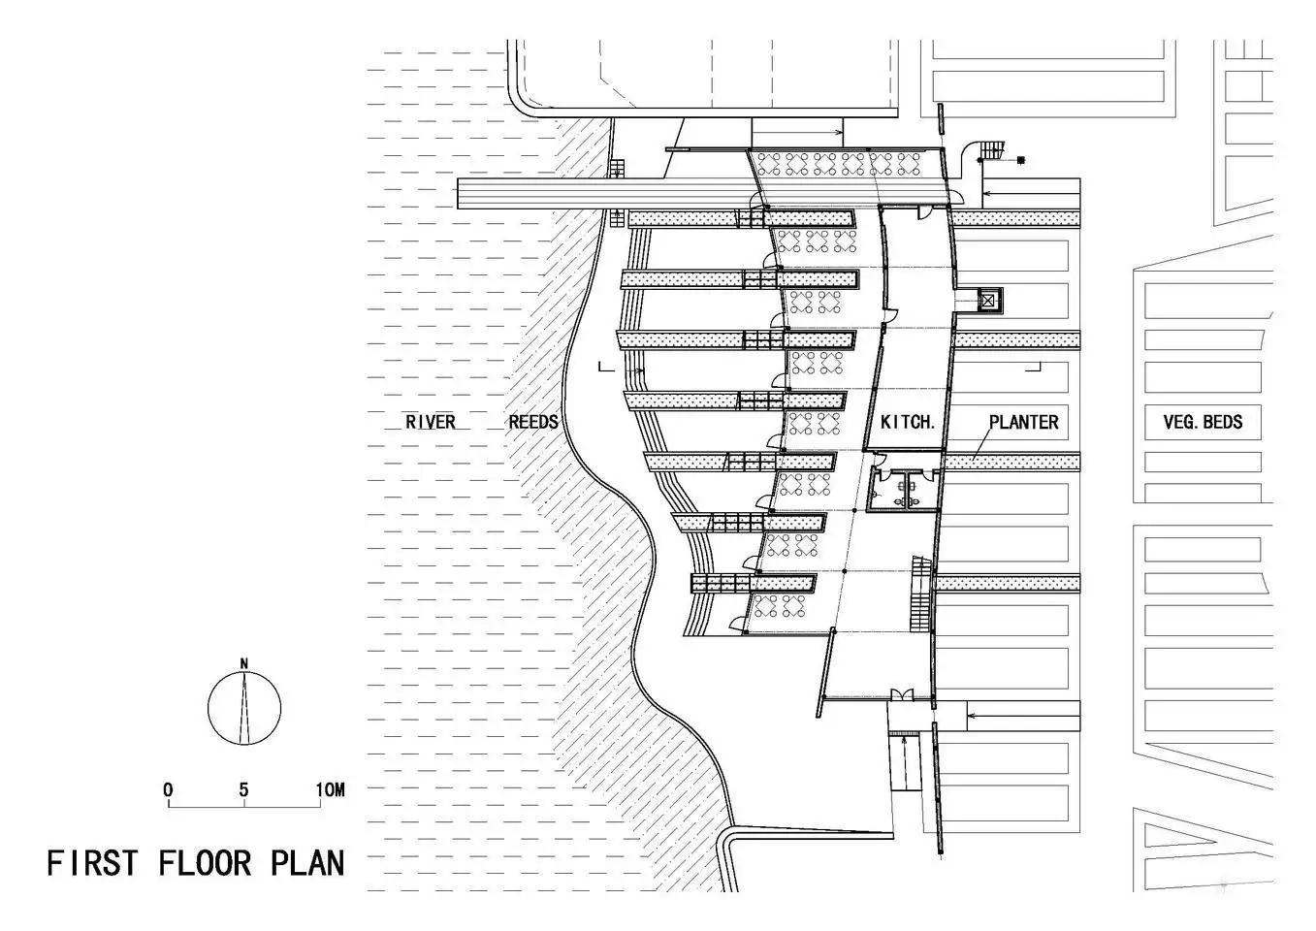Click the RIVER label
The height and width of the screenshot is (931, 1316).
click(x=431, y=422)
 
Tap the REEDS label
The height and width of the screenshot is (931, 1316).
click(x=533, y=422)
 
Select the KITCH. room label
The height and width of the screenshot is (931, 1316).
click(x=908, y=422)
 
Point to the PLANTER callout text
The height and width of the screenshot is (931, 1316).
click(x=1023, y=422)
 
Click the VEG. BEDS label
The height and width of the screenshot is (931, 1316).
click(x=1203, y=422)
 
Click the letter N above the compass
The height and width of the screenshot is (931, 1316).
click(x=244, y=663)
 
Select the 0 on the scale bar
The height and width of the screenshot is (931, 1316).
click(x=168, y=790)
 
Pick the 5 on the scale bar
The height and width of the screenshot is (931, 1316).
click(x=243, y=790)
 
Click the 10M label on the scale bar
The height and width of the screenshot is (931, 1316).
click(x=330, y=790)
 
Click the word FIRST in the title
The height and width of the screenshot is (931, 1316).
click(x=92, y=863)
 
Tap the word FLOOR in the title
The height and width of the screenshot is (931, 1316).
click(x=205, y=863)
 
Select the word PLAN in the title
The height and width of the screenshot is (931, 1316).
click(x=307, y=863)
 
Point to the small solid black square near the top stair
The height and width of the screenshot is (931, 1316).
click(x=1021, y=160)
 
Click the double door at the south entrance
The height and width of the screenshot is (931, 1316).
click(x=902, y=695)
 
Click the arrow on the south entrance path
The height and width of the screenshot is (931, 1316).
click(x=1023, y=716)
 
